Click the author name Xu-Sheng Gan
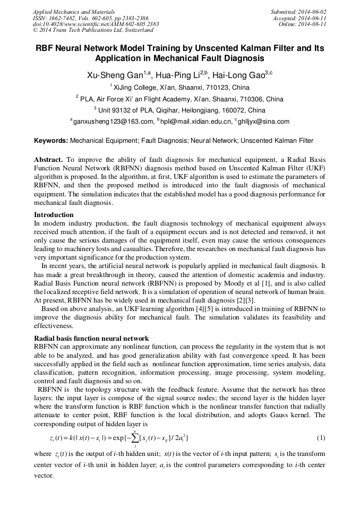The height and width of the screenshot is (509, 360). (110, 75)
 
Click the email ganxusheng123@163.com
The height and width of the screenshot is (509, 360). (113, 122)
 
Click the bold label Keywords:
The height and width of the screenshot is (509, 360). (51, 141)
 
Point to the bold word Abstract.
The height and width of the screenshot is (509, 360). (49, 160)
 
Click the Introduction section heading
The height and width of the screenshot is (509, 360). (54, 215)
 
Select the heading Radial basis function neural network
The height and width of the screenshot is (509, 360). (91, 338)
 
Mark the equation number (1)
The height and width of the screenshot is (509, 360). (320, 437)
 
